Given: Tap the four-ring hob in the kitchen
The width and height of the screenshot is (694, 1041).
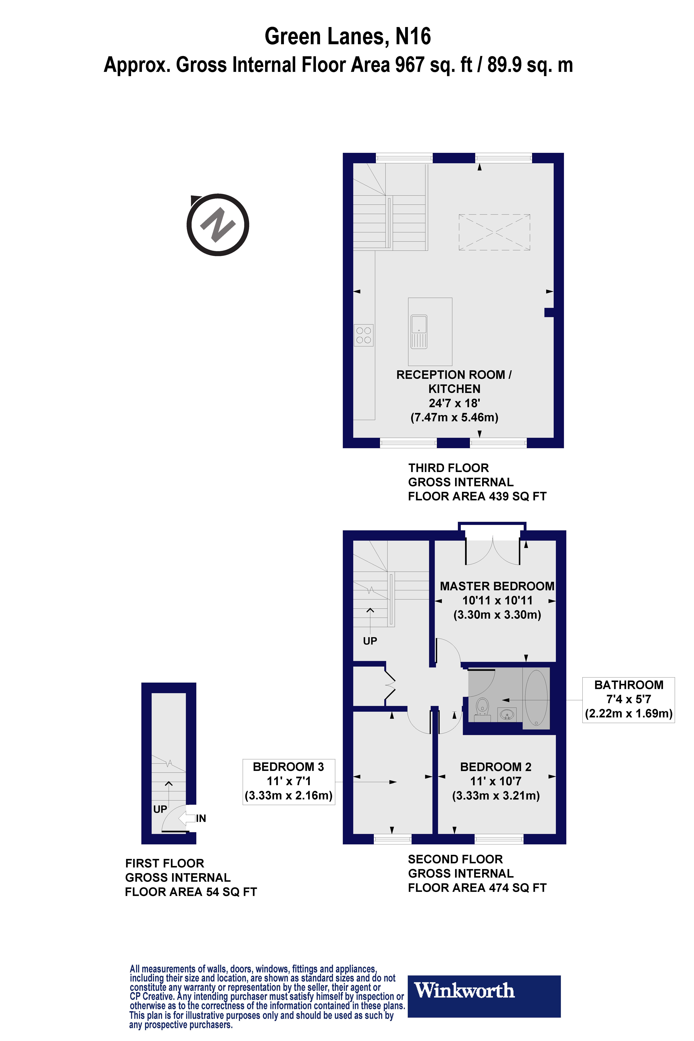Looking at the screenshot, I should coord(363,335).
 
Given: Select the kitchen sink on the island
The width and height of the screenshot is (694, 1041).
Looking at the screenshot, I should coord(419,332).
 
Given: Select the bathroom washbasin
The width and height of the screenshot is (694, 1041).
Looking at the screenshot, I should coord(507,713).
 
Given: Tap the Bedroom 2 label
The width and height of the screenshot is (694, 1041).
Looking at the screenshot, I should coord(496,767).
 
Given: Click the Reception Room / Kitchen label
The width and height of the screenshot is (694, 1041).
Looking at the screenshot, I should coord(454,381).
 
